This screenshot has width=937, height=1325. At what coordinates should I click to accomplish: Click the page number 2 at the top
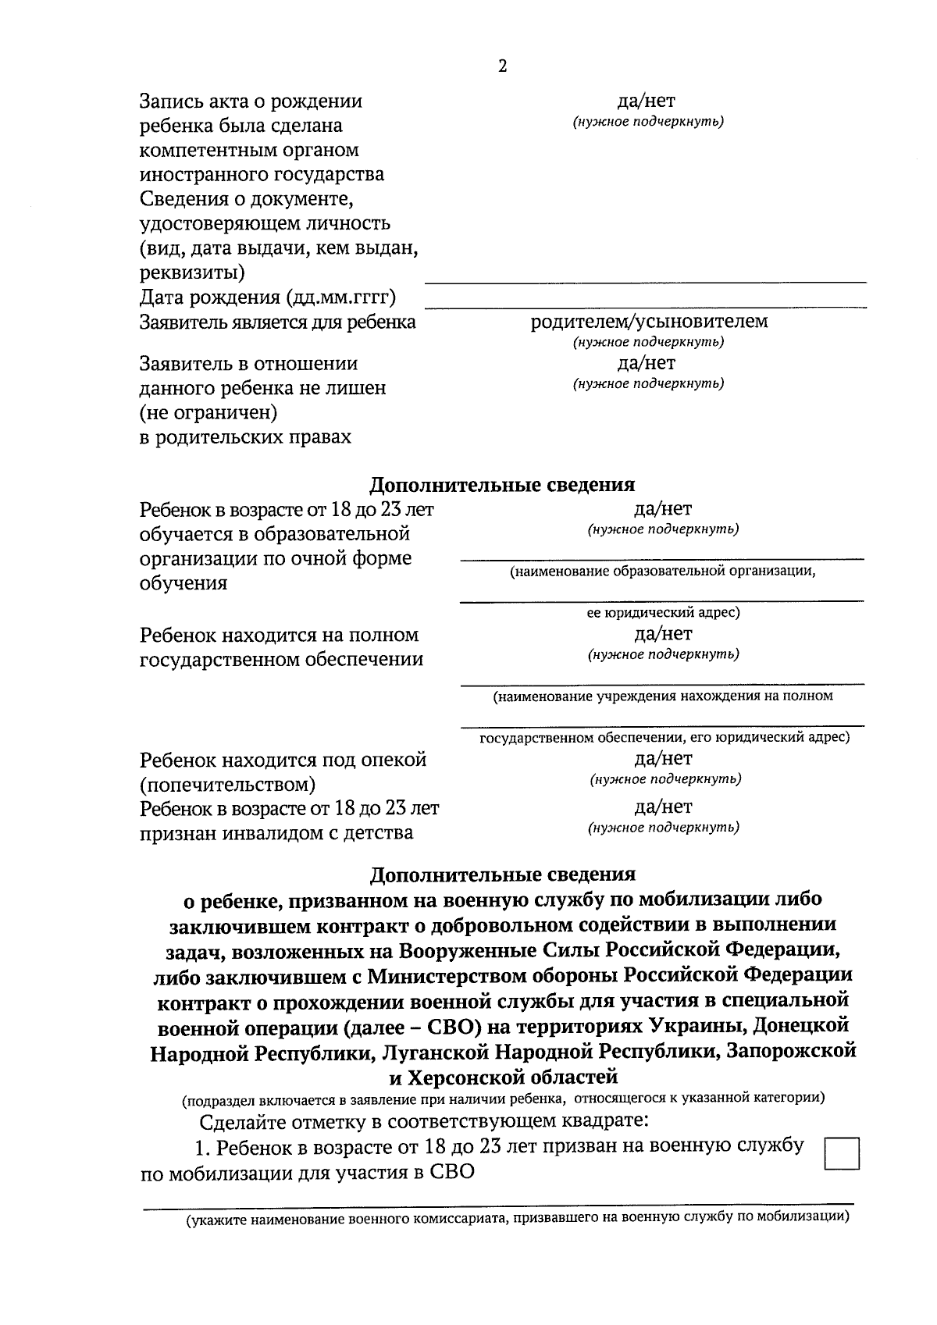pyautogui.click(x=502, y=66)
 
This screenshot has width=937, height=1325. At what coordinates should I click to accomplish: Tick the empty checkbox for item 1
pyautogui.click(x=841, y=1154)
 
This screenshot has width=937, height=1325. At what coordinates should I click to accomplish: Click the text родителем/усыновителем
pyautogui.click(x=648, y=322)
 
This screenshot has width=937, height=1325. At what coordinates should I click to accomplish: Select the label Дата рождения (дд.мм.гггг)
pyautogui.click(x=268, y=297)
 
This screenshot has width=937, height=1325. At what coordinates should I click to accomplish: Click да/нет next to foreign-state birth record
pyautogui.click(x=647, y=101)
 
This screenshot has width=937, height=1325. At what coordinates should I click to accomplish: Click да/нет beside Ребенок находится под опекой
pyautogui.click(x=663, y=758)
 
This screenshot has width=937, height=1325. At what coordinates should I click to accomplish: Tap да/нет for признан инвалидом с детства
pyautogui.click(x=663, y=807)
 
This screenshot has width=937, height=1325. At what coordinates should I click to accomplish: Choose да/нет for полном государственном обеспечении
pyautogui.click(x=663, y=633)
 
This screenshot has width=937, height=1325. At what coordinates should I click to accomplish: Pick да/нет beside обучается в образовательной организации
pyautogui.click(x=663, y=509)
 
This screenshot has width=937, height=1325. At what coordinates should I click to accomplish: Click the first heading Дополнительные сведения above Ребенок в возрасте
pyautogui.click(x=502, y=485)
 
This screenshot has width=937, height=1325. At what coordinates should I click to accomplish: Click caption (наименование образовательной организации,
pyautogui.click(x=662, y=572)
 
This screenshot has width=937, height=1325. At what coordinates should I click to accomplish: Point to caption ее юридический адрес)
pyautogui.click(x=663, y=613)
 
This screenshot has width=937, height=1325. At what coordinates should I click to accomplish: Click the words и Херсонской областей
pyautogui.click(x=503, y=1077)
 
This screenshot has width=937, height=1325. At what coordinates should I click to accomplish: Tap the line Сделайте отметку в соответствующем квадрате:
pyautogui.click(x=424, y=1123)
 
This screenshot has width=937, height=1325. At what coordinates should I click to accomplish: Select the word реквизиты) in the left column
pyautogui.click(x=191, y=272)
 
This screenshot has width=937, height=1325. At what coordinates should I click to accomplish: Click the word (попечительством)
pyautogui.click(x=227, y=784)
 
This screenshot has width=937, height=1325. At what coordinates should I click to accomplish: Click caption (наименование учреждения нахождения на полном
pyautogui.click(x=662, y=696)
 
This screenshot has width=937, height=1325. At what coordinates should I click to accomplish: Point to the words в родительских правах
pyautogui.click(x=245, y=437)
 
